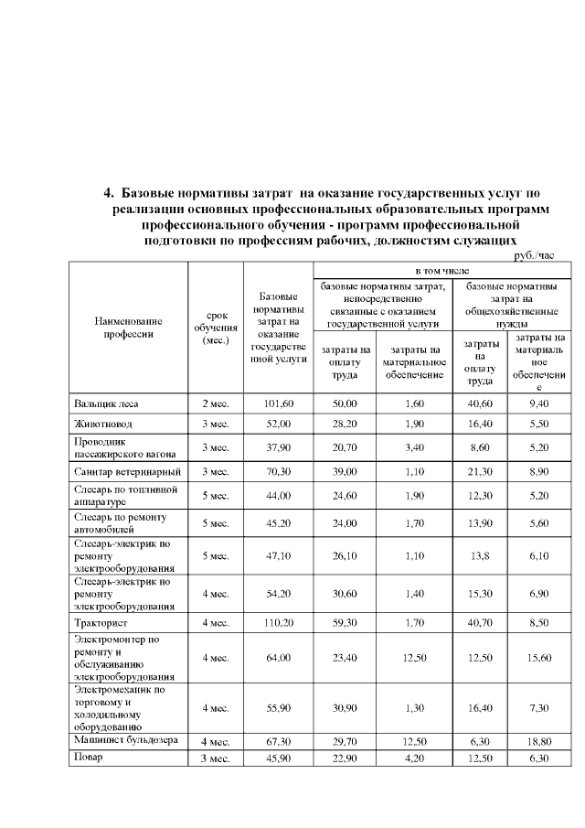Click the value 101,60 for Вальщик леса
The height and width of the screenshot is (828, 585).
pos(277,403)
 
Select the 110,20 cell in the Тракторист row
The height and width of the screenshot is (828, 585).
pos(277,622)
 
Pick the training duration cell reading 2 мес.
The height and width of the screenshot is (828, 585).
pos(215,403)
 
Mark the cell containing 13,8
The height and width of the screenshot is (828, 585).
pos(476,554)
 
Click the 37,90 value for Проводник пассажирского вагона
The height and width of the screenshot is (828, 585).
pos(277,447)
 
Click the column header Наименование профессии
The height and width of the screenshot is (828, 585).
pos(128,327)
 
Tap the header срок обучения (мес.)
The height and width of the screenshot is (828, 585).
pos(215,328)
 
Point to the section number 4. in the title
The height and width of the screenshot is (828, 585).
pos(109,192)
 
